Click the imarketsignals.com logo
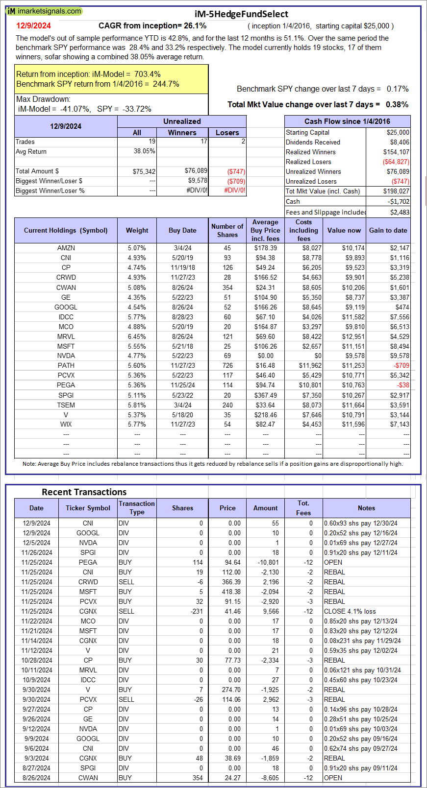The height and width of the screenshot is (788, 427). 44,11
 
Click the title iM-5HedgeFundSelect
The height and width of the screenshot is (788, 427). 241,14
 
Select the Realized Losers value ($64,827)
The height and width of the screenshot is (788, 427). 396,162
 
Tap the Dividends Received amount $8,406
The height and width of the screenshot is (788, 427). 400,142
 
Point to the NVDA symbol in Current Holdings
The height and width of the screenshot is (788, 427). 66,356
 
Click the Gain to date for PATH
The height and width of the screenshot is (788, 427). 401,365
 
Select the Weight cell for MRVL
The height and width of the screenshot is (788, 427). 137,336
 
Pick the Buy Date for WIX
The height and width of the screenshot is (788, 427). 182,424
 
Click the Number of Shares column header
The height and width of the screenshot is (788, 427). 227,230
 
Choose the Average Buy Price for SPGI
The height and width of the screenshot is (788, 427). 265,395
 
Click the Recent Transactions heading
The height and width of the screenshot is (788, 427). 84,492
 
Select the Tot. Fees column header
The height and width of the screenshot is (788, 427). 303,508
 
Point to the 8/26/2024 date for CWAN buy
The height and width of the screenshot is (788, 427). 36,778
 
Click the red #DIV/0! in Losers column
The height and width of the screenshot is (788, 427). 235,191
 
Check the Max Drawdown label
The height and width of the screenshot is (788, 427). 43,99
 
